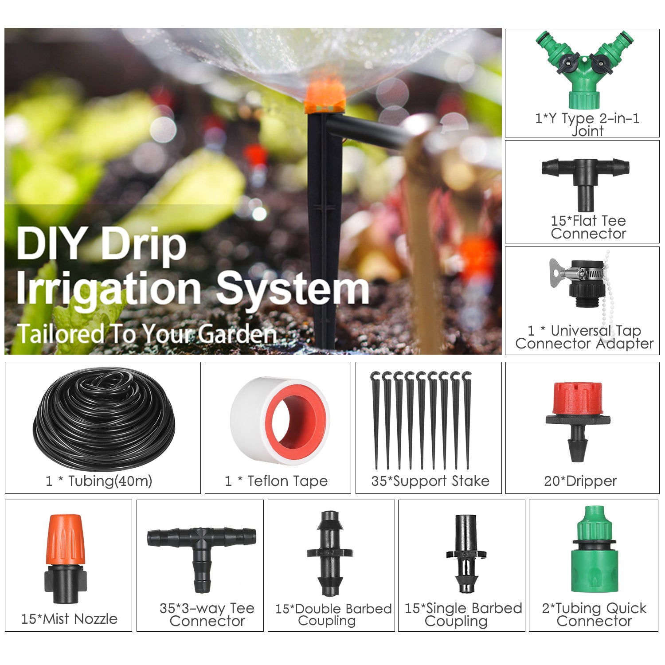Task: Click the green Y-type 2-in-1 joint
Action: (x=584, y=71)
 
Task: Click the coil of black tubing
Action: (x=104, y=419)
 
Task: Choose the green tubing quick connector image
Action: (x=594, y=550)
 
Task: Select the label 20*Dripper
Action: (x=580, y=481)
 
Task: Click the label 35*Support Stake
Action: (x=430, y=481)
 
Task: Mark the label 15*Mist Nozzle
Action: (x=69, y=618)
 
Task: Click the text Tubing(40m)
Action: (x=110, y=481)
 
